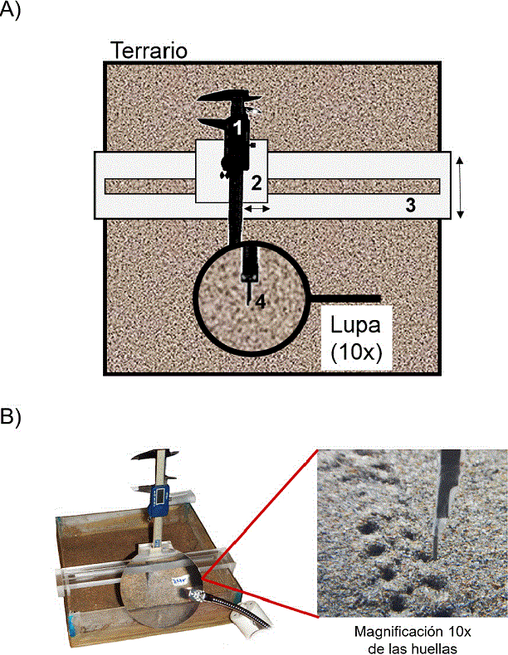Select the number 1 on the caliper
pos(237,127)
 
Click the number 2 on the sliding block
pos(256,182)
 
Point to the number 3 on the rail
pos(409,206)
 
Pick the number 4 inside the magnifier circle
pos(260,303)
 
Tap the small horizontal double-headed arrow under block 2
pos(256,209)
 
